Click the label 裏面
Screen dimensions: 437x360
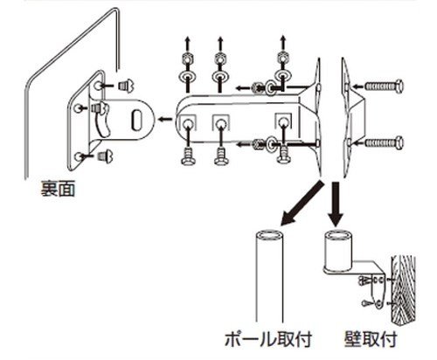58,189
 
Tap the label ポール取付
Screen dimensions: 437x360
268,339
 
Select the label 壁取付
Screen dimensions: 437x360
371,339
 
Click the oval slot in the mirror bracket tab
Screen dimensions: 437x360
136,120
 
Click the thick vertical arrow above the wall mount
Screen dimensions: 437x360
336,204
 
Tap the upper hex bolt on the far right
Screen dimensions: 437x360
384,86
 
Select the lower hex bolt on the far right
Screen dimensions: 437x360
384,142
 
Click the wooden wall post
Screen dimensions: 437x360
404,291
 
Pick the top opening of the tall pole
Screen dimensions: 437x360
269,235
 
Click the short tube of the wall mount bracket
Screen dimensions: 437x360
338,251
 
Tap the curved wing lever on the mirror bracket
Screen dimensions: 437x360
101,120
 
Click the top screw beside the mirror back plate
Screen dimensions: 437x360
125,86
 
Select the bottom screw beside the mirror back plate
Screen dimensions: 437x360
105,156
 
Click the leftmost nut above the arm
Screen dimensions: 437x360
186,59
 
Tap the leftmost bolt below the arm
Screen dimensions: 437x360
186,157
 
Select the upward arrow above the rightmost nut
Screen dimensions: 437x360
282,43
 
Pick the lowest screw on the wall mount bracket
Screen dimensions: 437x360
369,304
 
